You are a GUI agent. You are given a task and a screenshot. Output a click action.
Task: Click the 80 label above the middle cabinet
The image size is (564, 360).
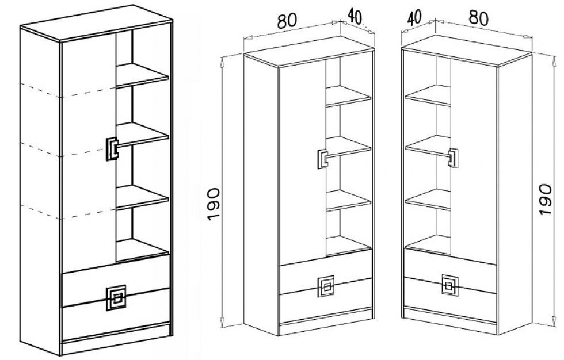coord(287,21)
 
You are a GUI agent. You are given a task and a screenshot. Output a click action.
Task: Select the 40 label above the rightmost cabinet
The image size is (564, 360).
coord(414,17)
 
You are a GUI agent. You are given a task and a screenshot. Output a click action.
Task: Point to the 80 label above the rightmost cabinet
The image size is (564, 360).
coord(478,18)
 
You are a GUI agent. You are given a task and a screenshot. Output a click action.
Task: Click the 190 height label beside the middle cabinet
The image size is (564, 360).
coord(214,204)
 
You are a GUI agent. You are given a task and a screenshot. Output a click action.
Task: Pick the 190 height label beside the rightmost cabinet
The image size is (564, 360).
coord(546,200)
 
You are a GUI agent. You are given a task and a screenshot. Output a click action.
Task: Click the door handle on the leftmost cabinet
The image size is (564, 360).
coord(112,149)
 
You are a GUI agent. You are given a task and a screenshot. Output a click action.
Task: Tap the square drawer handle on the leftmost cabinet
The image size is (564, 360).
coord(116,298)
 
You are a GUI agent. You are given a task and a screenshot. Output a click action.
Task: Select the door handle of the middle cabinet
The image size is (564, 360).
coord(323,159)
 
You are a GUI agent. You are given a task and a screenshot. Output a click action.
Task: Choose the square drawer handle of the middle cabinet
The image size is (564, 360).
coord(326,287)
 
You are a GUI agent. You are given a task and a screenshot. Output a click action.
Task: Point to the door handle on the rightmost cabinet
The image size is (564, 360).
coord(453,158)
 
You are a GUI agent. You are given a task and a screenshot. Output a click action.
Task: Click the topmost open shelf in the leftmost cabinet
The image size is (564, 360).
coord(143,75)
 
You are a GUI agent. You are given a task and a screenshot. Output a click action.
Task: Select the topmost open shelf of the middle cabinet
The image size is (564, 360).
coord(348,95)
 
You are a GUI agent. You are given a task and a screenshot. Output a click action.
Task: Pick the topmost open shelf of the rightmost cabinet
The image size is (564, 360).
coord(428,95)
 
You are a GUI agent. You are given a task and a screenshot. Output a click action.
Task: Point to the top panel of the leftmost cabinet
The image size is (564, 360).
coord(97,22)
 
